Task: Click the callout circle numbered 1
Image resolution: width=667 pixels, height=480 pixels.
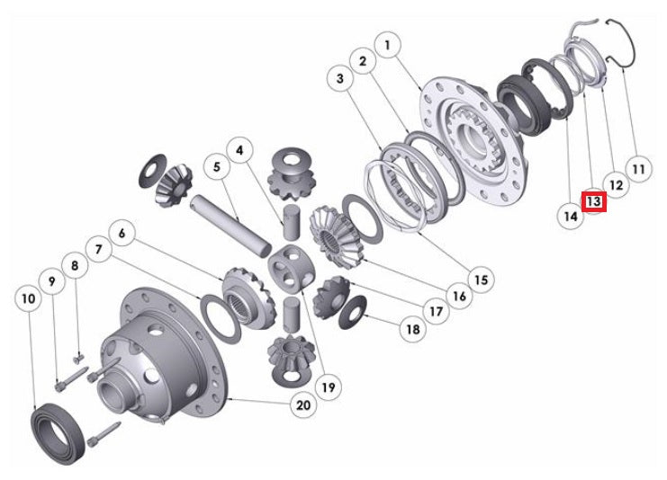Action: click(388, 43)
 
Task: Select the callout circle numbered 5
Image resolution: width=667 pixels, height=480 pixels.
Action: click(216, 166)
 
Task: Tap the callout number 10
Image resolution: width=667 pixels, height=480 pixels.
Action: click(29, 297)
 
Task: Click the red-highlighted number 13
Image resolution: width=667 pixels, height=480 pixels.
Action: click(594, 202)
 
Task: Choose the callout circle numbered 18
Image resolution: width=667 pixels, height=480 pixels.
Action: click(413, 329)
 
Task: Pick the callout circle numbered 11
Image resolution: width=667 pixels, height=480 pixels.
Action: click(638, 167)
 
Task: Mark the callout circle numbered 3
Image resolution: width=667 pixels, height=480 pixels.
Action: click(340, 80)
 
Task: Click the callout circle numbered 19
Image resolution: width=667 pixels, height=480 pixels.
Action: click(328, 387)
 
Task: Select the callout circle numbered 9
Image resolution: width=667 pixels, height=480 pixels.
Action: click(53, 280)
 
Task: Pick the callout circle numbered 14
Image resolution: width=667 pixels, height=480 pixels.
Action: click(569, 216)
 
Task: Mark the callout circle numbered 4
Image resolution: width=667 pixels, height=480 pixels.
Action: click(239, 147)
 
